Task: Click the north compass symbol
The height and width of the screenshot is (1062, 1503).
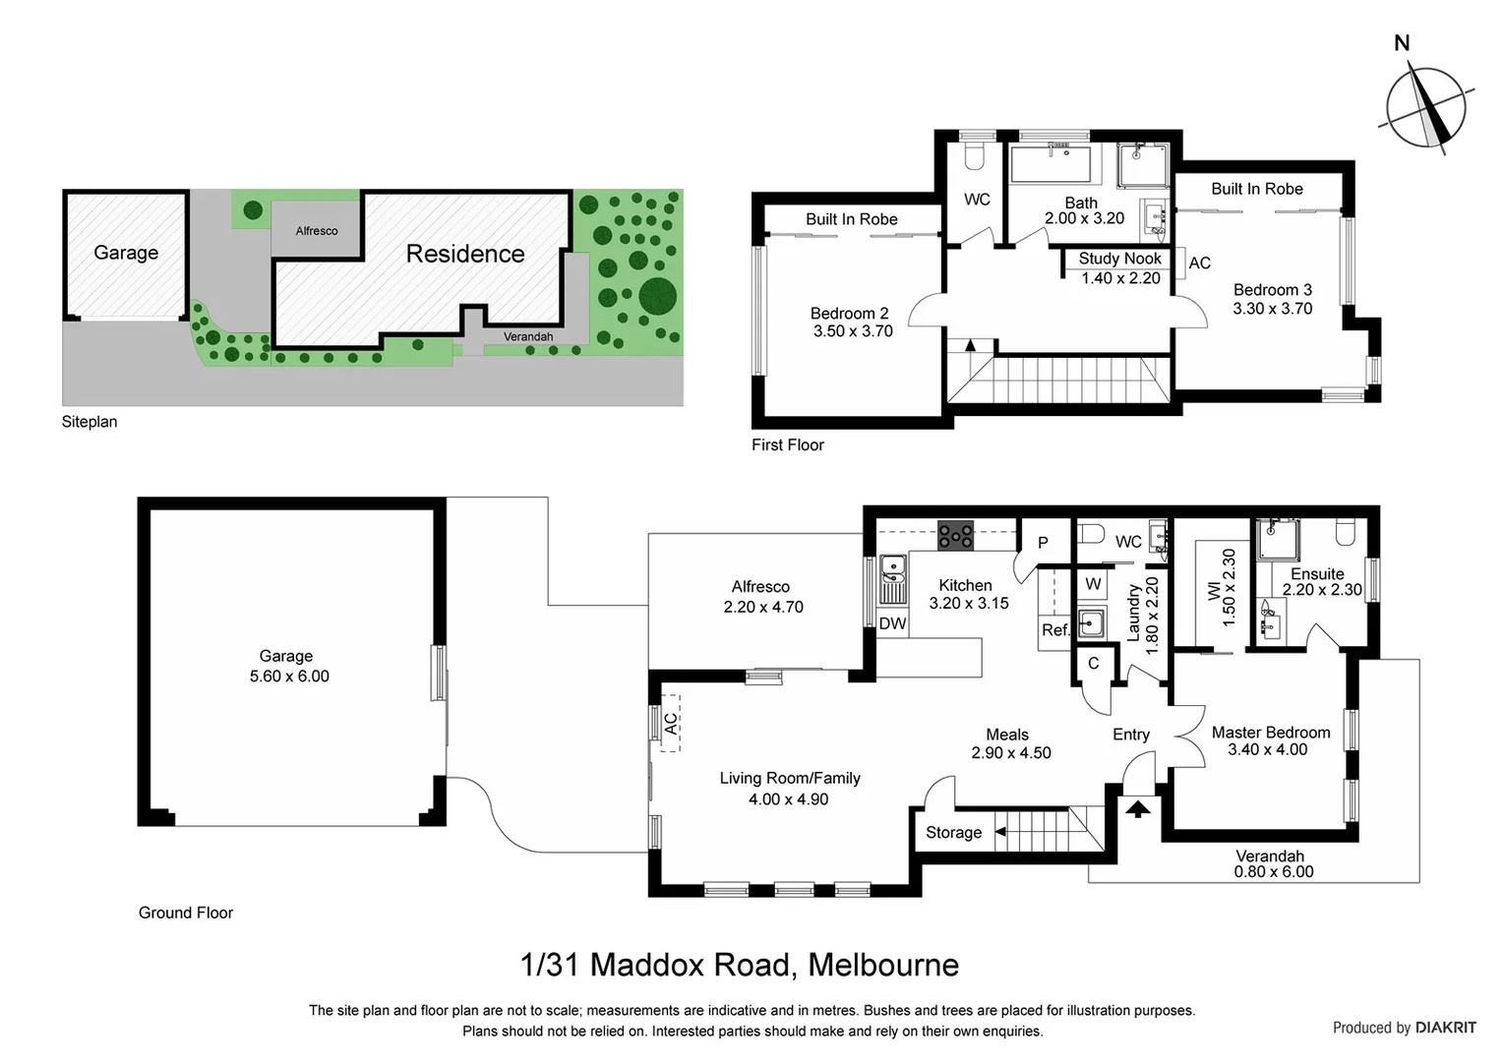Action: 1425,108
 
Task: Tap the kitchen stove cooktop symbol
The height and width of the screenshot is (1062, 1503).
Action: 955,536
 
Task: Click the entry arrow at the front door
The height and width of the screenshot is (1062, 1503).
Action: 1138,809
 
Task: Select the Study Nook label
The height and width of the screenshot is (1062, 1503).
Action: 1119,259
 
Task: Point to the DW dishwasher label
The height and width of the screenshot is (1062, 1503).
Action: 892,623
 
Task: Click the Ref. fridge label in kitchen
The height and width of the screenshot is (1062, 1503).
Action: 1054,629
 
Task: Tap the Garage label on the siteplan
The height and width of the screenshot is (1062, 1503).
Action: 126,253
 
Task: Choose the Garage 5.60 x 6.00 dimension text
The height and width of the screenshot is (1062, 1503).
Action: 289,677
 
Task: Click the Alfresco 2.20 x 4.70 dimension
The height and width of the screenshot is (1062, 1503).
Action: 763,608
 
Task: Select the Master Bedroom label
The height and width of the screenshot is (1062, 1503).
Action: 1270,733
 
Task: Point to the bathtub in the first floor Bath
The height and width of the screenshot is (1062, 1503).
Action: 1051,164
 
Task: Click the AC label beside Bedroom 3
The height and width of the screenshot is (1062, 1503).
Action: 1199,263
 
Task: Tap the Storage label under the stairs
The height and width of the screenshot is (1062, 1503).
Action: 953,833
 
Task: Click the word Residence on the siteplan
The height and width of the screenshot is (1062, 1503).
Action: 465,254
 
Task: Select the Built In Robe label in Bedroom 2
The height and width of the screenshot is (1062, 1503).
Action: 851,219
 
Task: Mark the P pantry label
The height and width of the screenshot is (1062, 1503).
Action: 1043,543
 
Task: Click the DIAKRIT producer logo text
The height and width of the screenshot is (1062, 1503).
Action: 1445,1028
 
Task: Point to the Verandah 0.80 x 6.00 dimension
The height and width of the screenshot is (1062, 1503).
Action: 1273,872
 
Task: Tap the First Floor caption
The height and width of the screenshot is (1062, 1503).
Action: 787,445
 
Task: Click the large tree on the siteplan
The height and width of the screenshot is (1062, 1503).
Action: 657,295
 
